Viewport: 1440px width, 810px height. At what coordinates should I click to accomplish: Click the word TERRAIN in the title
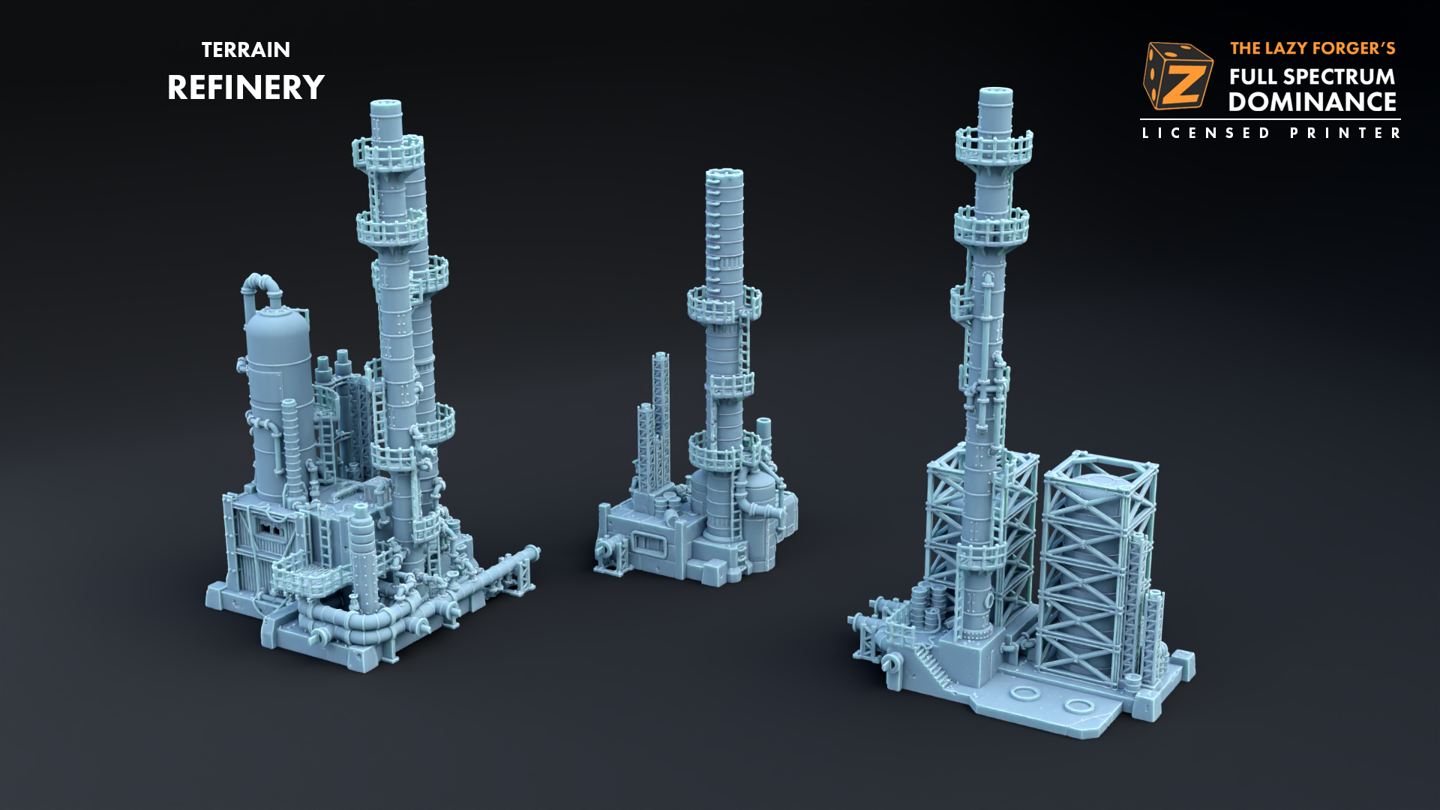pyautogui.click(x=245, y=49)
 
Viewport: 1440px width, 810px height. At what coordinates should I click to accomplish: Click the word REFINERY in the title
pyautogui.click(x=245, y=88)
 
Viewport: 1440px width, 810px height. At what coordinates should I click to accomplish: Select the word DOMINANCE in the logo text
pyautogui.click(x=1312, y=102)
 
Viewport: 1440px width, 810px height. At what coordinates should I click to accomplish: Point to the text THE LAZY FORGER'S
pyautogui.click(x=1312, y=49)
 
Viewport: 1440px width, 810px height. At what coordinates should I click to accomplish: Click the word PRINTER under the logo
pyautogui.click(x=1345, y=133)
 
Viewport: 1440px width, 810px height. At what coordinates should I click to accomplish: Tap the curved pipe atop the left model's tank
pyautogui.click(x=261, y=285)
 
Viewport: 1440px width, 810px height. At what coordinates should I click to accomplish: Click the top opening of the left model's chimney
pyautogui.click(x=385, y=105)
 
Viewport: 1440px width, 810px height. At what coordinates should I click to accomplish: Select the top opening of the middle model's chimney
pyautogui.click(x=724, y=174)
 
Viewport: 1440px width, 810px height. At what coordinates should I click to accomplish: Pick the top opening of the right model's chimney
pyautogui.click(x=995, y=93)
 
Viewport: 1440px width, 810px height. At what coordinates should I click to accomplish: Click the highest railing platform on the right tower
pyautogui.click(x=994, y=146)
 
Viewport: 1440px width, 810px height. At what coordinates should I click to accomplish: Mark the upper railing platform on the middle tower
pyautogui.click(x=724, y=304)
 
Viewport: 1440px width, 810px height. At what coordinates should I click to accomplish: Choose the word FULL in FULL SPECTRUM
pyautogui.click(x=1253, y=76)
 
